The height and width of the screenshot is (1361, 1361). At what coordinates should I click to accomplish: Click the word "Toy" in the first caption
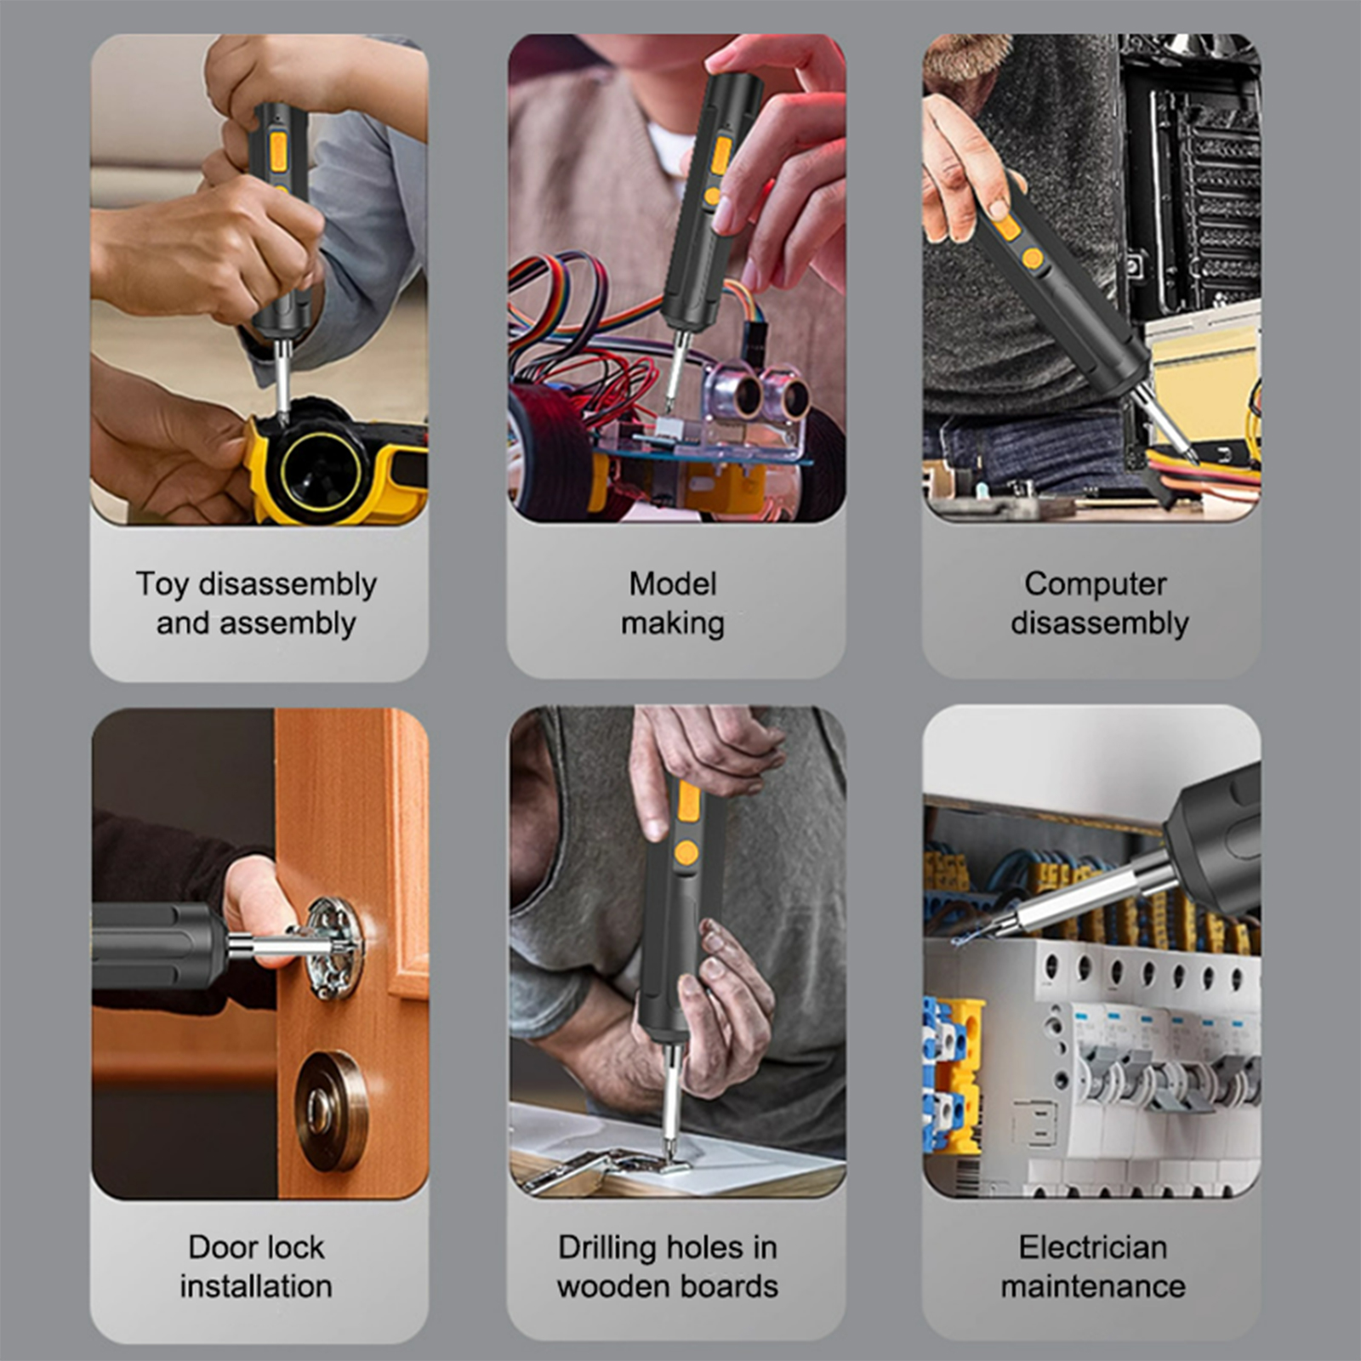click(x=162, y=585)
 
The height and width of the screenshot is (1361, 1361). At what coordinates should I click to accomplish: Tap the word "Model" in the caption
click(x=673, y=584)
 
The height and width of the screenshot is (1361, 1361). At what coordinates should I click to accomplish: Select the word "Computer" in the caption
click(x=1096, y=584)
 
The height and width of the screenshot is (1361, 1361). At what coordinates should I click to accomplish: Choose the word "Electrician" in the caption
click(x=1093, y=1247)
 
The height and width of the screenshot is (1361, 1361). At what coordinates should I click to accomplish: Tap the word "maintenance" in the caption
click(x=1093, y=1286)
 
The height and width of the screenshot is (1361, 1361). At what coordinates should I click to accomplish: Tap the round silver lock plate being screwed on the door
click(x=335, y=948)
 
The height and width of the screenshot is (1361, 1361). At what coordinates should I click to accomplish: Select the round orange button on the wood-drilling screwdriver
click(x=686, y=852)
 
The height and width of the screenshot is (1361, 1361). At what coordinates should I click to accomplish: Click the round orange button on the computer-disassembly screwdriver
click(x=1033, y=258)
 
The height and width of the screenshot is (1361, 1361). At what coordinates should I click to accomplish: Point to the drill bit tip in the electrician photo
click(x=956, y=942)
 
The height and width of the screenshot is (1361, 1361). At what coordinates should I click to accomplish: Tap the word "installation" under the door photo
click(x=256, y=1286)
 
